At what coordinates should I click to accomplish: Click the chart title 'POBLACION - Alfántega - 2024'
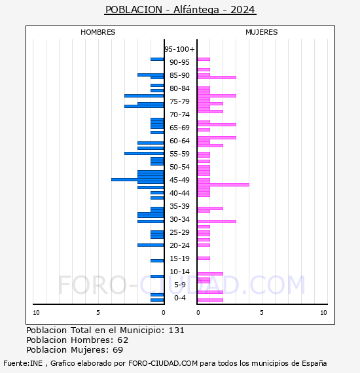click(180, 10)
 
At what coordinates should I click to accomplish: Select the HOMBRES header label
click(98, 32)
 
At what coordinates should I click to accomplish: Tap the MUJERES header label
click(262, 32)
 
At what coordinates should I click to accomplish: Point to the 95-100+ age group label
click(179, 49)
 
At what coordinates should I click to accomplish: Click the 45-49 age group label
click(179, 180)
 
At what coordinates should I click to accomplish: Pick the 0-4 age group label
click(179, 298)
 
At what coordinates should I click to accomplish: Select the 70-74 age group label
click(179, 115)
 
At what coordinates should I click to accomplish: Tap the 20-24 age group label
click(179, 245)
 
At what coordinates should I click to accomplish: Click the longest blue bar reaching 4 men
click(137, 179)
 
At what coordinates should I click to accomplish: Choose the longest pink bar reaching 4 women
click(223, 185)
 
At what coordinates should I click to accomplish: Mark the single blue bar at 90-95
click(157, 60)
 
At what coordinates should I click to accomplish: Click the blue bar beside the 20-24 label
click(151, 245)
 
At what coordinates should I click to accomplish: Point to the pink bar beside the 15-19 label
click(204, 258)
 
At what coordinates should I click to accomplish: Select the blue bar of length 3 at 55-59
click(144, 153)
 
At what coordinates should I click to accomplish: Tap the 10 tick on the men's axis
click(36, 313)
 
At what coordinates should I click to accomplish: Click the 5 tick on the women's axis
click(262, 313)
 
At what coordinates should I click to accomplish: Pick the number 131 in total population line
click(176, 330)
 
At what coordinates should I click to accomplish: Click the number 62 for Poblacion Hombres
click(123, 340)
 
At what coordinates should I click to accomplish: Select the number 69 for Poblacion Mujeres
click(118, 350)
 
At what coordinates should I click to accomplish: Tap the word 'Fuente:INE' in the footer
click(23, 363)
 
